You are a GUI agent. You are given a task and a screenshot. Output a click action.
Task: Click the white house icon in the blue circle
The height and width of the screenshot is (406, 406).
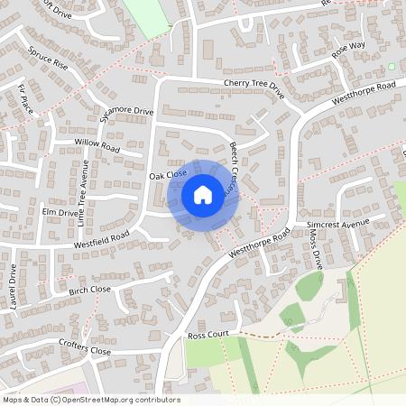coord(202,194)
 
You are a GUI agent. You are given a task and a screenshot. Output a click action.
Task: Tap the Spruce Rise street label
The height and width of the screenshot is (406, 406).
coord(48,58)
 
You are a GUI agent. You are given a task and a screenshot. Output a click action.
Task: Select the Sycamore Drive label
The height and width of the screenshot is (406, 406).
coord(127,116)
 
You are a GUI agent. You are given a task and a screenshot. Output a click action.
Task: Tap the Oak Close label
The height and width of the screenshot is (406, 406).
coord(169,173)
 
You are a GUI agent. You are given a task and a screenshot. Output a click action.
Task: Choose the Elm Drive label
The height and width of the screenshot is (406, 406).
coord(61,212)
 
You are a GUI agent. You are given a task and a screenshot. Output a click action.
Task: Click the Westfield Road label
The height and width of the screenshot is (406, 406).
coord(102,237)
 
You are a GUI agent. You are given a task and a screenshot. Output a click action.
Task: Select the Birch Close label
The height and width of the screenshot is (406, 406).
coord(89,291)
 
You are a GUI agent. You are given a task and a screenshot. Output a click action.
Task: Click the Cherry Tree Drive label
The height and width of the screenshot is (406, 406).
coord(254,89)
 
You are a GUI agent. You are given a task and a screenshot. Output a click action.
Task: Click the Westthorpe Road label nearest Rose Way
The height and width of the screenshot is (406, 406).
coord(364,94)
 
